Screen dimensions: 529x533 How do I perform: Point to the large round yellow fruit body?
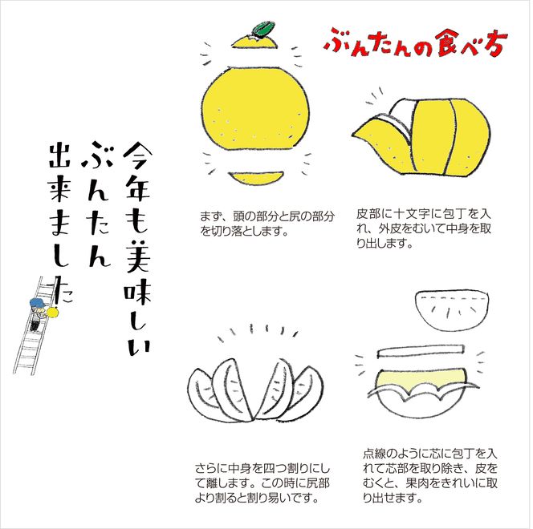click(x=254, y=109)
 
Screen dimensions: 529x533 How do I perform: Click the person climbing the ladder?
click(x=37, y=310)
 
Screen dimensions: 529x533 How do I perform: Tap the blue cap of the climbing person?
click(x=36, y=301)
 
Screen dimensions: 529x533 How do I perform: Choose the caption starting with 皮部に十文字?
click(x=422, y=228)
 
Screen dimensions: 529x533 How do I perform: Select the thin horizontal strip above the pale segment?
click(x=425, y=352)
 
